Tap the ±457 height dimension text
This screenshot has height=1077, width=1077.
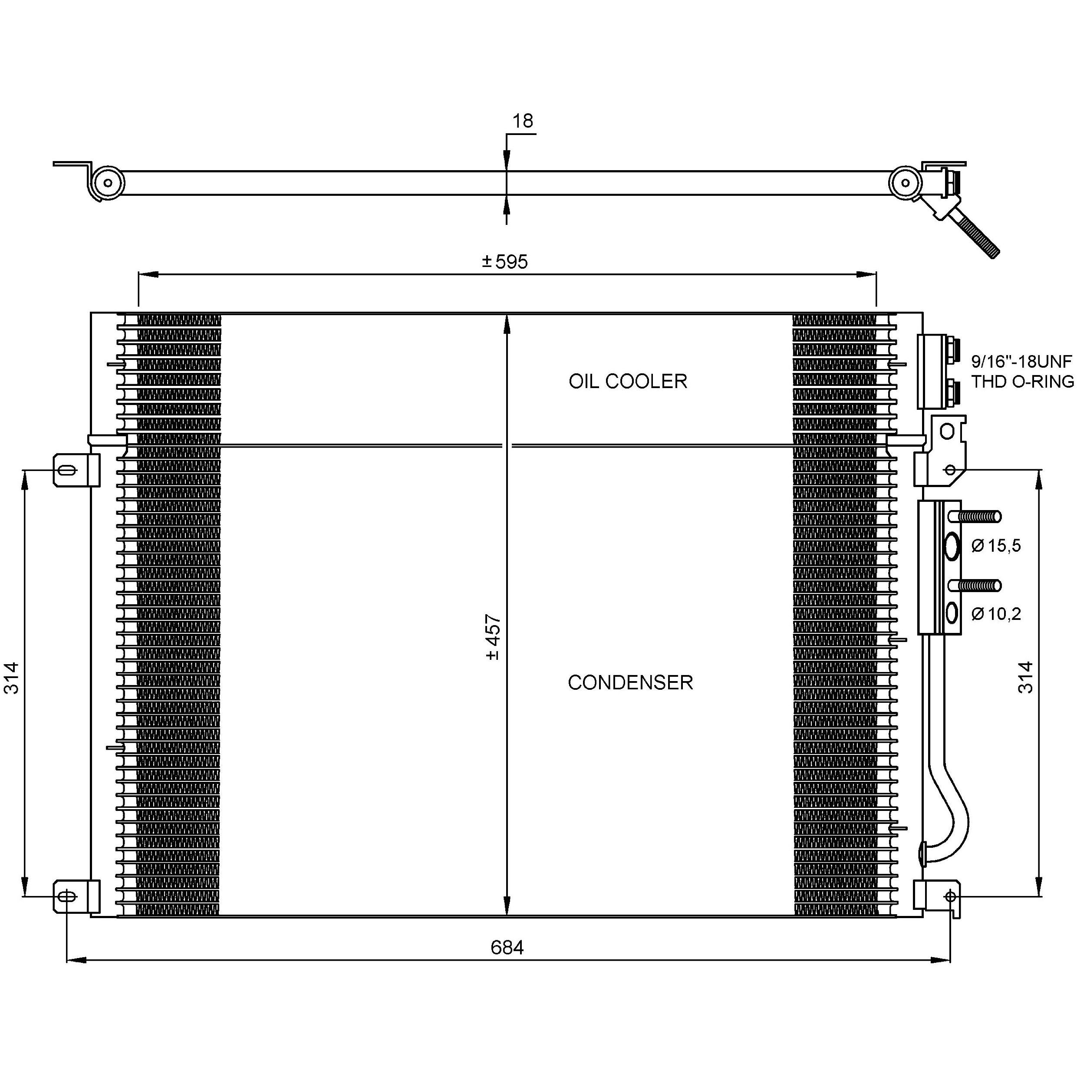493,637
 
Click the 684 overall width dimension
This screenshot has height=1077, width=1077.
507,947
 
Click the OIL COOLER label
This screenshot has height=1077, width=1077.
628,381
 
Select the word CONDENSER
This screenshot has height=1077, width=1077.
630,682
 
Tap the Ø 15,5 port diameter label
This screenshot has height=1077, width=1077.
996,545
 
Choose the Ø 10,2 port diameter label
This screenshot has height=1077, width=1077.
996,614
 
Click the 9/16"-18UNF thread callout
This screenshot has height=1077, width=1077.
1021,362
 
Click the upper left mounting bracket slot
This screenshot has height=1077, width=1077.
66,470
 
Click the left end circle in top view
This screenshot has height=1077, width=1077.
108,183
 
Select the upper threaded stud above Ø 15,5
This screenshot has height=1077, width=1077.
979,517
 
